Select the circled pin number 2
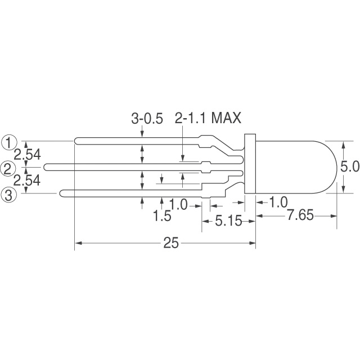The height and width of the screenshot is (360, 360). [8, 167]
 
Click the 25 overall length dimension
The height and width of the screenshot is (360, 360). [171, 243]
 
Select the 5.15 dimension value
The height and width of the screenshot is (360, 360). [228, 222]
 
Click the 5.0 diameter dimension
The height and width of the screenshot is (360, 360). [348, 167]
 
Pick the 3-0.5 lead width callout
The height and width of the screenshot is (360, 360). [147, 119]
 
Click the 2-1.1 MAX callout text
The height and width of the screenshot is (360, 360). [208, 119]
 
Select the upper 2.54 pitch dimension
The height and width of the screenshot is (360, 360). [27, 154]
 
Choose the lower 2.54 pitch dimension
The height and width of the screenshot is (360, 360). [27, 181]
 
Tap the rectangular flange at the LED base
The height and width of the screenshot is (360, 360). [250, 167]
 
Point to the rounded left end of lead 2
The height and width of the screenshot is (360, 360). [46, 167]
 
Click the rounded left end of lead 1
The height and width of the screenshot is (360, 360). [77, 141]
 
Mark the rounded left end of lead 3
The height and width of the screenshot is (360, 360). [62, 194]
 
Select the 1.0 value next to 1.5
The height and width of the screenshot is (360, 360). [178, 205]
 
